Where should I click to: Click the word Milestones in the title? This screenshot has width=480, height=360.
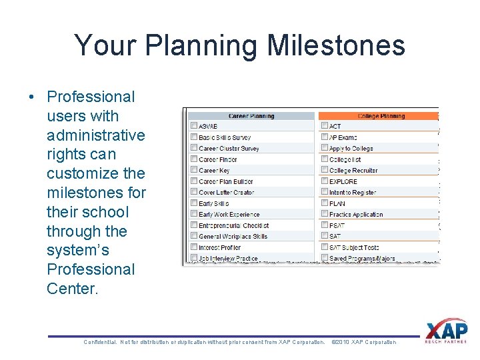click(336, 46)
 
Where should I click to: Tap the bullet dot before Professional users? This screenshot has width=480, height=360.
click(32, 97)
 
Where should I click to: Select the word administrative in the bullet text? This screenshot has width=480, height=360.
click(95, 135)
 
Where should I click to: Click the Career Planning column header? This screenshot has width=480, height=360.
click(251, 116)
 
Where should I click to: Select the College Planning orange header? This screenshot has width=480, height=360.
click(377, 116)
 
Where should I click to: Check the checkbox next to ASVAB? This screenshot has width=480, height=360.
click(193, 126)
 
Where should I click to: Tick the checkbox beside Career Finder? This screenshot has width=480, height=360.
click(193, 159)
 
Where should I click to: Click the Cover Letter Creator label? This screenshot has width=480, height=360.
click(227, 193)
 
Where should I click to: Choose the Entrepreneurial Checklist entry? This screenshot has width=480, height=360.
click(233, 225)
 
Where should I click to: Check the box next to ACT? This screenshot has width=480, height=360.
click(324, 126)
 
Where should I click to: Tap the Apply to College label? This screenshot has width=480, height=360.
click(351, 149)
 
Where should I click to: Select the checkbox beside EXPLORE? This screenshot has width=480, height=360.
click(324, 181)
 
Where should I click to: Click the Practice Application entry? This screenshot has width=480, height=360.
click(356, 215)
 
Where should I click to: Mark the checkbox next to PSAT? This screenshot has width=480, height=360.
click(324, 225)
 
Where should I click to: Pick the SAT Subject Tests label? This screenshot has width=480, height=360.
click(353, 247)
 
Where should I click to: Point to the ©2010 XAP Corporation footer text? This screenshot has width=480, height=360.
click(363, 342)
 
